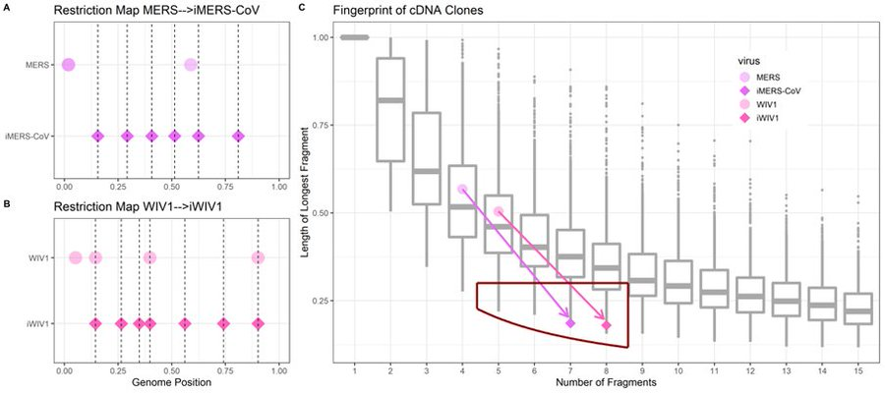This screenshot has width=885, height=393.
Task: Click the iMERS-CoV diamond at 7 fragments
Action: (x=570, y=322)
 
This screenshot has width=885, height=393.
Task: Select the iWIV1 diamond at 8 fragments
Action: (x=607, y=325)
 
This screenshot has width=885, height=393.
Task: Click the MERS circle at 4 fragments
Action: (x=462, y=189)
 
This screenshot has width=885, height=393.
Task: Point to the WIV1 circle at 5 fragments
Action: (x=499, y=211)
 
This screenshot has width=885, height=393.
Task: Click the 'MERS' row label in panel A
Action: (x=35, y=65)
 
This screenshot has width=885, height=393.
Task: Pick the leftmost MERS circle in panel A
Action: (x=68, y=65)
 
